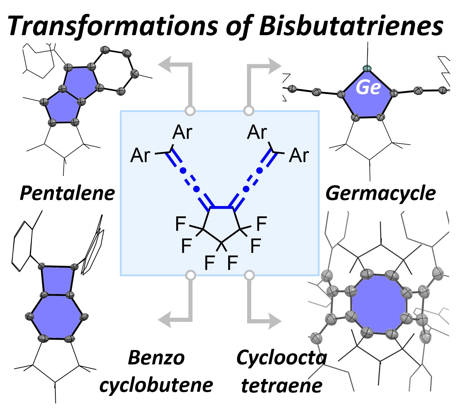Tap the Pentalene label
pyautogui.click(x=67, y=193)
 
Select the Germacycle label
pyautogui.click(x=380, y=193)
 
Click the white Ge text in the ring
pyautogui.click(x=368, y=87)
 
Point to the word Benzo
pyautogui.click(x=156, y=358)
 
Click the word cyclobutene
pyautogui.click(x=156, y=385)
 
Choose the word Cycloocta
pyautogui.click(x=281, y=358)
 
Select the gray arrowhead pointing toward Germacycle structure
pyautogui.click(x=274, y=65)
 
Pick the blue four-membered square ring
pyautogui.click(x=57, y=280)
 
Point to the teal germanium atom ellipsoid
pyautogui.click(x=368, y=68)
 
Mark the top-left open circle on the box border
pyautogui.click(x=190, y=111)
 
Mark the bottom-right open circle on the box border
pyautogui.click(x=249, y=275)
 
